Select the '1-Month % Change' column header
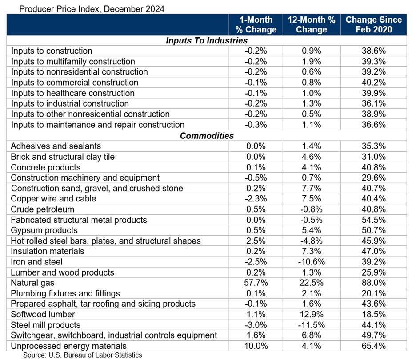click(256, 25)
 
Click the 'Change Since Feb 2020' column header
click(373, 25)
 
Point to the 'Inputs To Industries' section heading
click(206, 40)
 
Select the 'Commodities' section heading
click(206, 136)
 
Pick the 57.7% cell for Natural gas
click(256, 283)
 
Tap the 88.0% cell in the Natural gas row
click(373, 283)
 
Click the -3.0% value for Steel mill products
click(256, 325)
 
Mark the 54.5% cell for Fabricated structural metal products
click(373, 220)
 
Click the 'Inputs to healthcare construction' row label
click(72, 93)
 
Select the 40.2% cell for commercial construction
click(373, 83)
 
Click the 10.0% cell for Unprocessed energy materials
click(256, 346)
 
